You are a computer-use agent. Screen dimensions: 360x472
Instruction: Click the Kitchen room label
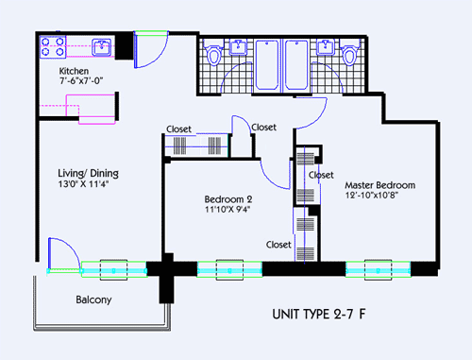[x=74, y=72]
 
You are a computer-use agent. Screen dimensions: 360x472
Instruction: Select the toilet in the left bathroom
[x=213, y=56]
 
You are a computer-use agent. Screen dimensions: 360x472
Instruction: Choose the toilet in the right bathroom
[x=350, y=56]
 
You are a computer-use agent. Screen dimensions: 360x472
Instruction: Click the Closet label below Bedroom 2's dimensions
[x=278, y=244]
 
